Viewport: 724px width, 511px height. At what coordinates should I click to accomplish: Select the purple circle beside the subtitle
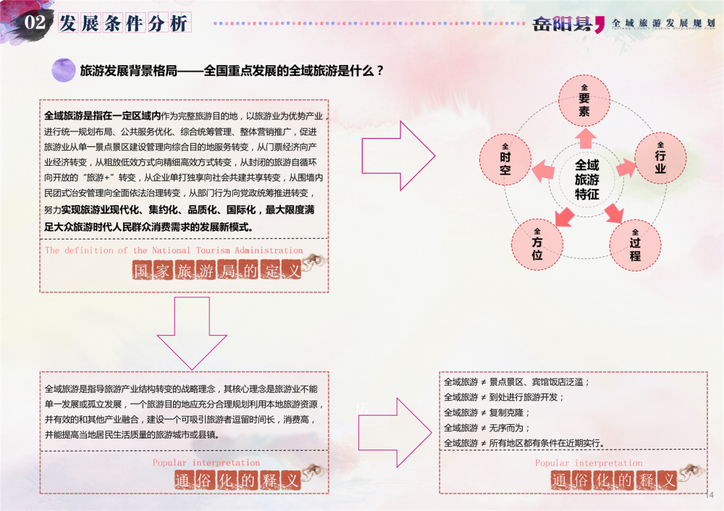point(64,70)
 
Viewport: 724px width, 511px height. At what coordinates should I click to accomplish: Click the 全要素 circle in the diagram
point(584,100)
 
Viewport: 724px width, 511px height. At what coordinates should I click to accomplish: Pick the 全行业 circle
point(660,157)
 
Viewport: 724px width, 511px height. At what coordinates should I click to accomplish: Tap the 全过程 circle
point(634,244)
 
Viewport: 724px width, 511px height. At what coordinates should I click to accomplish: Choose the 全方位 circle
point(536,243)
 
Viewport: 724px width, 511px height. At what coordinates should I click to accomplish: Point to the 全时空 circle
point(505,158)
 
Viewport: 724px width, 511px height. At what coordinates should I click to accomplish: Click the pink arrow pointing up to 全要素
point(585,137)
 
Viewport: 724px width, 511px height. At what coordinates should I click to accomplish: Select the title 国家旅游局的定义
point(216,271)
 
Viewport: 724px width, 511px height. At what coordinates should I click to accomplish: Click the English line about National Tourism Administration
point(174,250)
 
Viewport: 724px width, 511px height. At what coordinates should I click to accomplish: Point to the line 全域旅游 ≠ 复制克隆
point(487,412)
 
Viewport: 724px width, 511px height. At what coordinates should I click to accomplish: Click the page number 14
point(709,495)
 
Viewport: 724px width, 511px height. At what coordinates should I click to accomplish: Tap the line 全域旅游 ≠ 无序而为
point(487,427)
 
